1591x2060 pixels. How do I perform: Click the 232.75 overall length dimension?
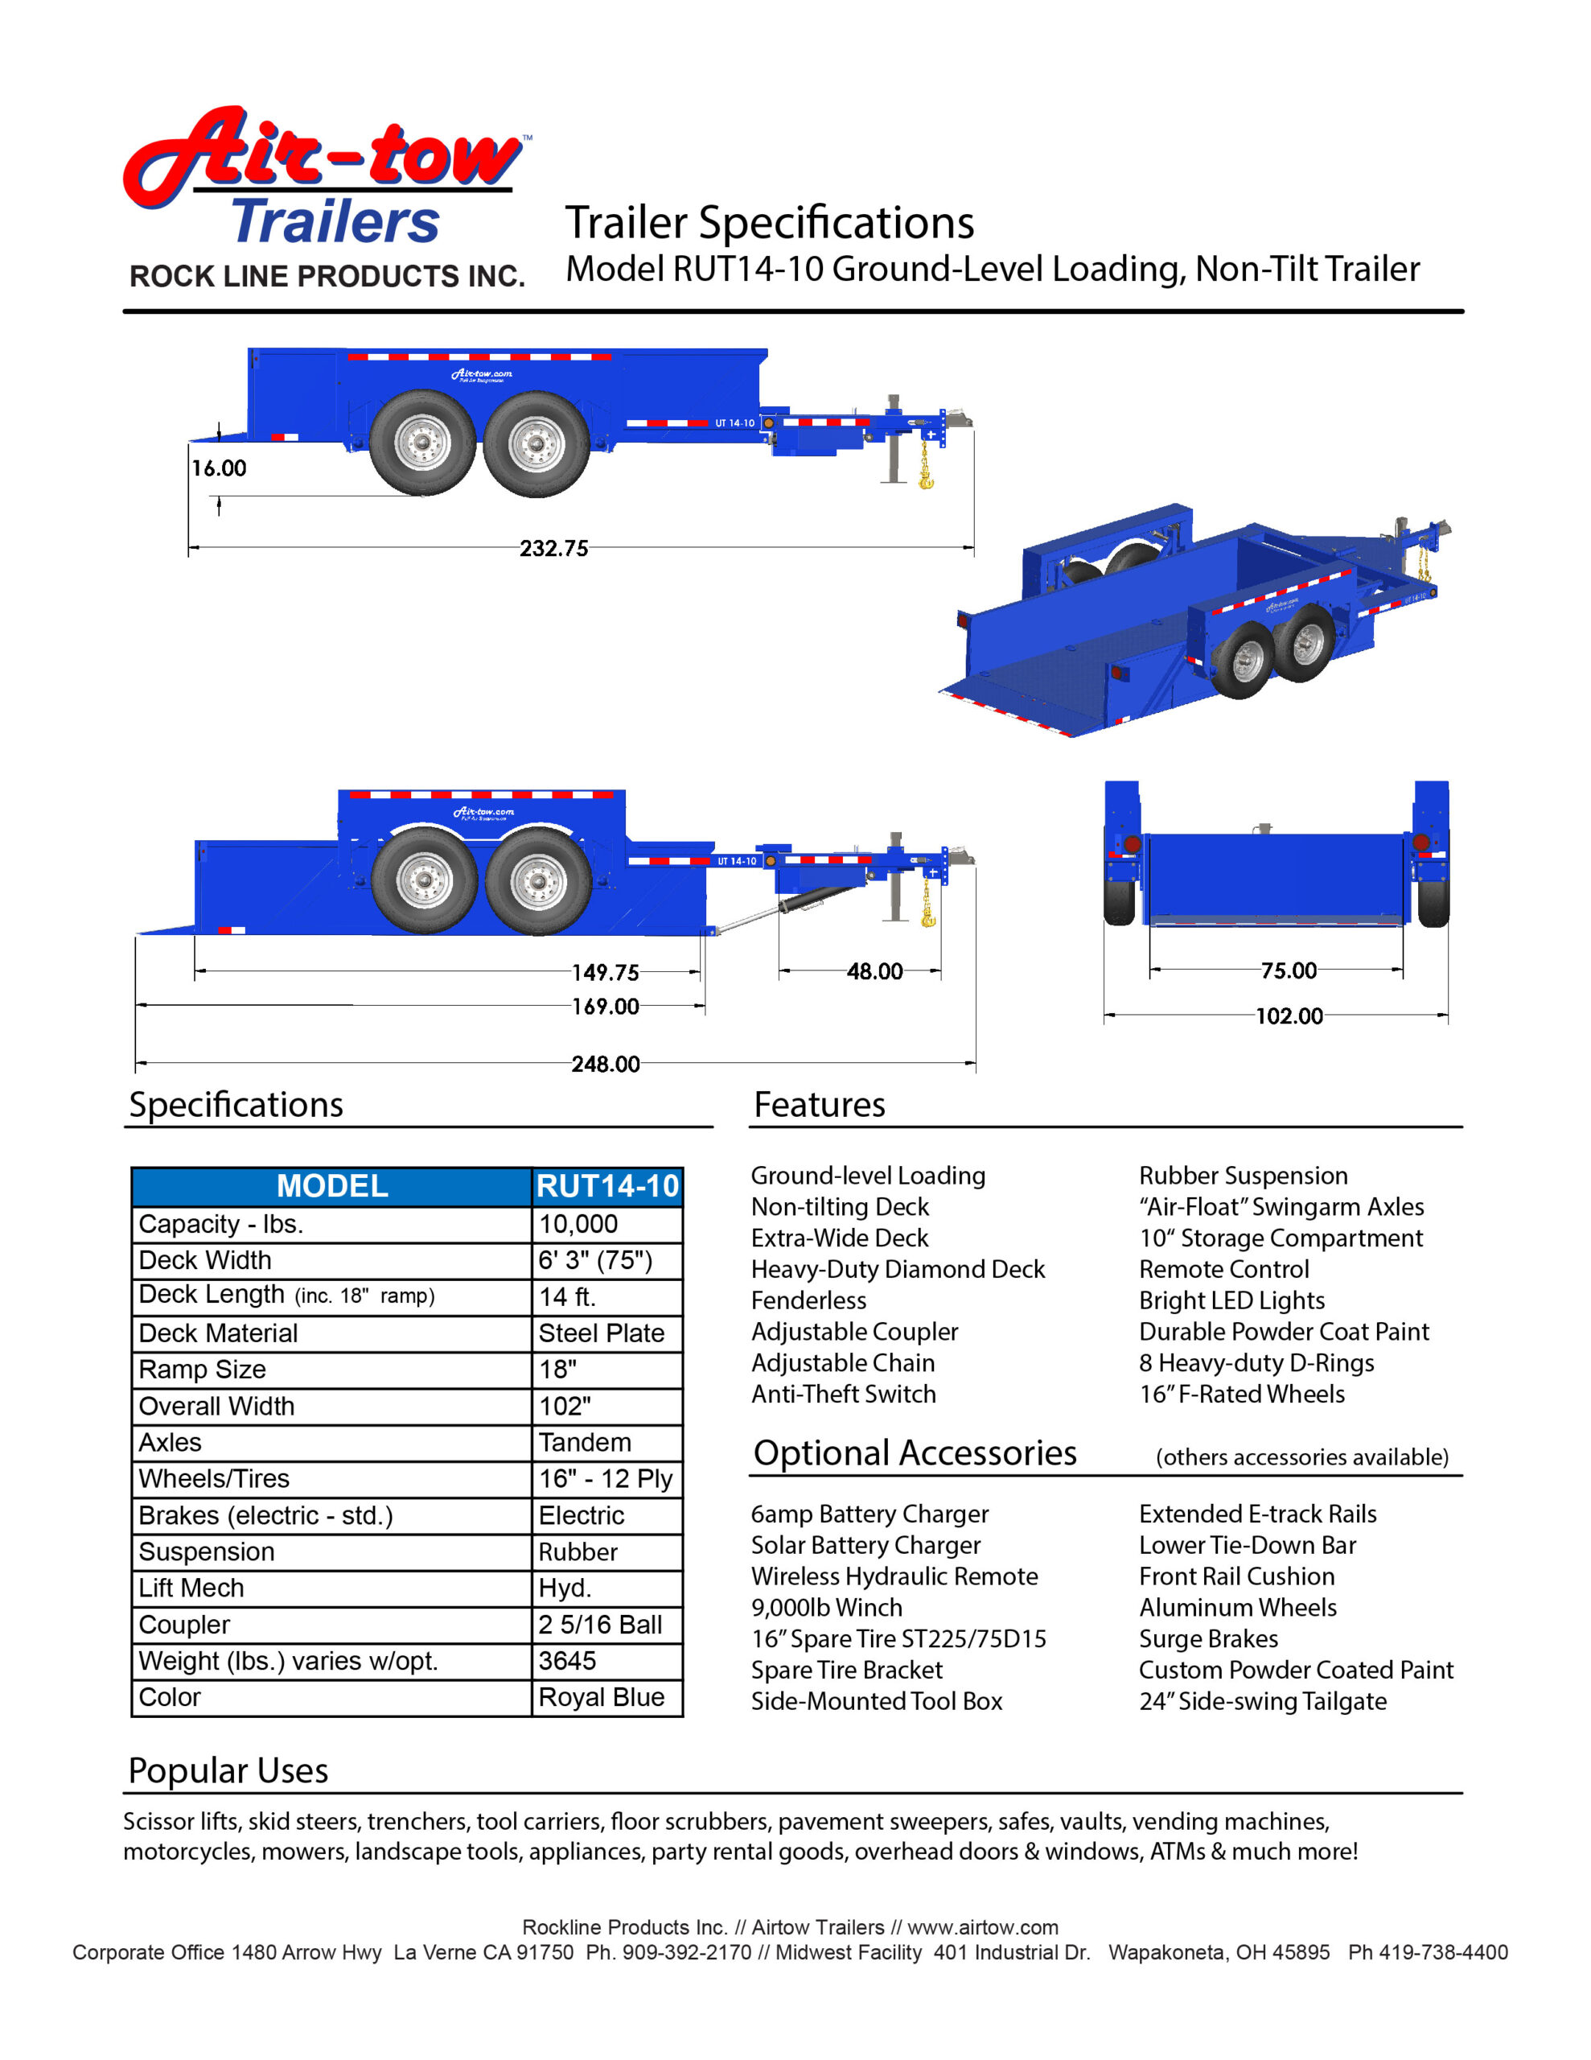(553, 548)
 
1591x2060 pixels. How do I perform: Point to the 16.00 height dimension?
(219, 468)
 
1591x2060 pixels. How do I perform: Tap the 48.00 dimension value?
(874, 970)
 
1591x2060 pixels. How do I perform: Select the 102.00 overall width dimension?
(1289, 1016)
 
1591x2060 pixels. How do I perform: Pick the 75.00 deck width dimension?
(1289, 970)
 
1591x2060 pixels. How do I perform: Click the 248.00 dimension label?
(606, 1064)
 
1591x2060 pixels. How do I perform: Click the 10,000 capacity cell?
(578, 1224)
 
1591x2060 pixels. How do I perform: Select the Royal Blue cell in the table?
(601, 1697)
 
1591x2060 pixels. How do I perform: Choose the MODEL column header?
(332, 1185)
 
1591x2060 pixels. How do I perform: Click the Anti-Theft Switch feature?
(843, 1394)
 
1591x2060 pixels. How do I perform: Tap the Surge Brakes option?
(1208, 1638)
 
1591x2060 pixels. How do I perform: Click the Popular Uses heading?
(228, 1770)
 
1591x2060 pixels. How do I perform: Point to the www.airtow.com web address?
(982, 1927)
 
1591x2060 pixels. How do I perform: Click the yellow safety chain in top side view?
(925, 468)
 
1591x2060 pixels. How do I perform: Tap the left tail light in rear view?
(1133, 843)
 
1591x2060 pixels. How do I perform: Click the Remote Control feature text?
(1223, 1269)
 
